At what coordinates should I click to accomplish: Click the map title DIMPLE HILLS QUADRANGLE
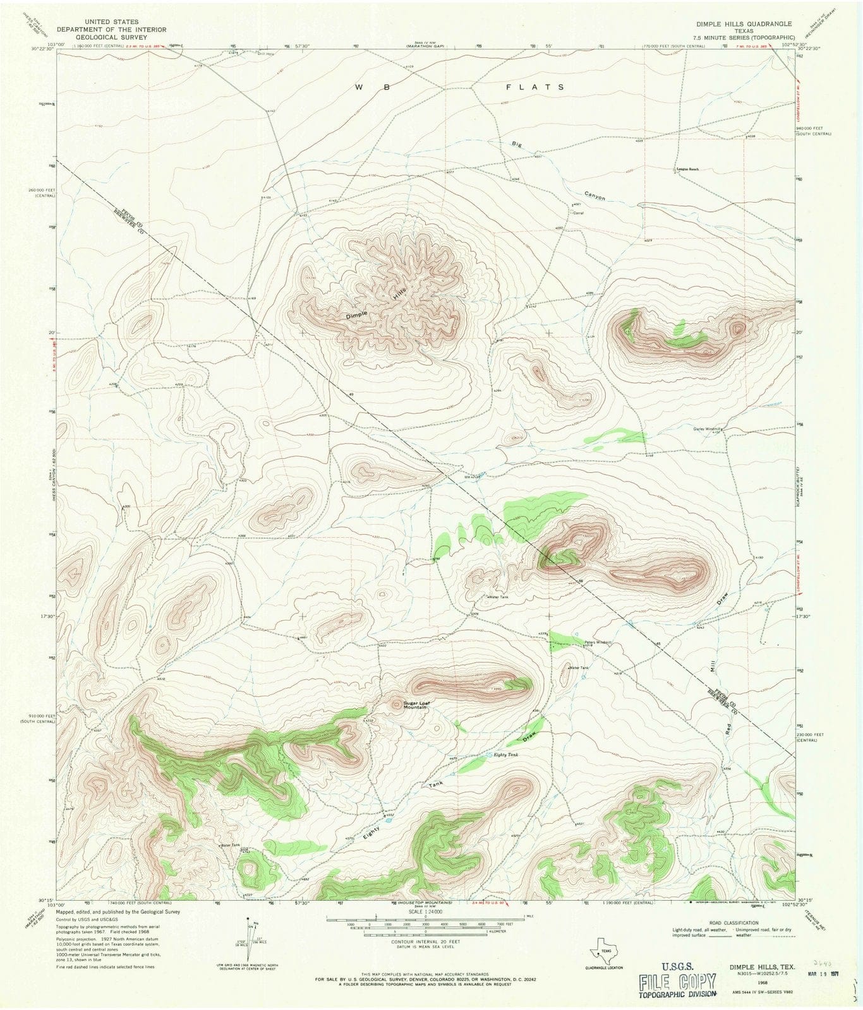click(x=744, y=23)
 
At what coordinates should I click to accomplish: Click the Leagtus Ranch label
click(x=687, y=169)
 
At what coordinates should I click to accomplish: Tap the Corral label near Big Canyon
click(x=577, y=213)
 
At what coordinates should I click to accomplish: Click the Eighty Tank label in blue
click(x=505, y=754)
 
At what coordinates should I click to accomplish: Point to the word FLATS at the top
click(x=534, y=87)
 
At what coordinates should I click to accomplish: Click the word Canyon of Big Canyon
click(x=594, y=196)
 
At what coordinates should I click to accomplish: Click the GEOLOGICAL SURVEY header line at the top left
click(x=111, y=37)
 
